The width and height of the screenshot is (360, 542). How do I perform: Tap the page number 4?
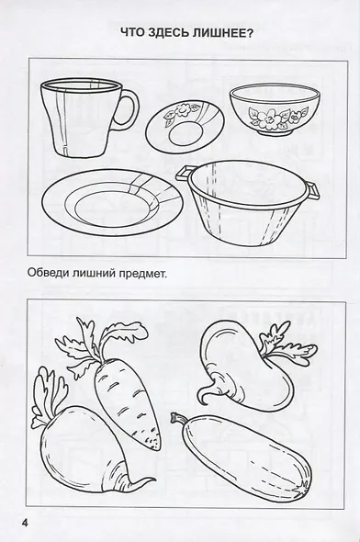(x=14, y=524)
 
